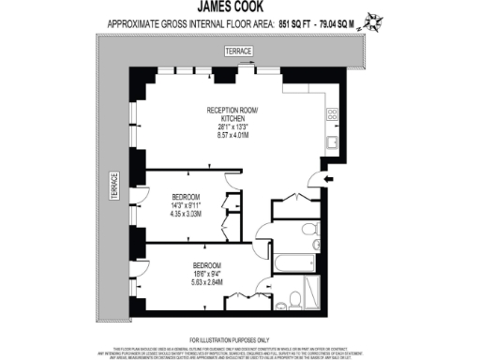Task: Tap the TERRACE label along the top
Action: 239,52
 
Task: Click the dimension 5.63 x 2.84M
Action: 207,279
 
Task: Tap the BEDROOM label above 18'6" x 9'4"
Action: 207,263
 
